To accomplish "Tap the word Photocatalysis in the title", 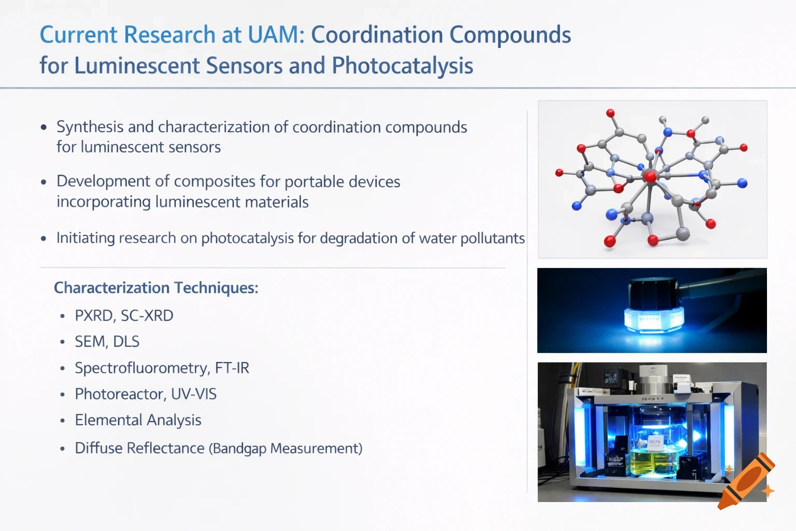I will [402, 66].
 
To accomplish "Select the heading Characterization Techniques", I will [156, 288].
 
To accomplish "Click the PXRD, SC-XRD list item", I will [124, 315].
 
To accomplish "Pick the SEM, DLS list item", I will [107, 342].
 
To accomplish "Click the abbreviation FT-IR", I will [232, 368].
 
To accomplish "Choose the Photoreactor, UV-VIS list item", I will [146, 394].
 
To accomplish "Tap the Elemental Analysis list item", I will [138, 420].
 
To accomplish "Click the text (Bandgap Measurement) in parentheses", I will [286, 449].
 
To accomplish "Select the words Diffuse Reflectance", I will [139, 448].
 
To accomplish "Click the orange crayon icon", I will [746, 482].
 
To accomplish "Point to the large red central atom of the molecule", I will [650, 176].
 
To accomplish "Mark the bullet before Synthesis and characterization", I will [44, 128].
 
